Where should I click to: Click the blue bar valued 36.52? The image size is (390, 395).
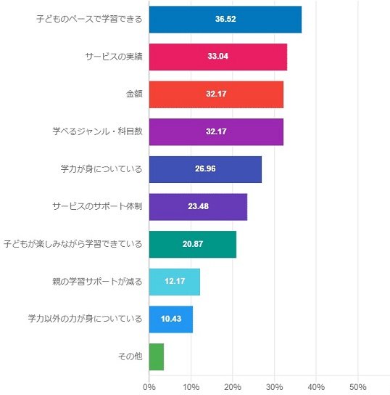click(225, 19)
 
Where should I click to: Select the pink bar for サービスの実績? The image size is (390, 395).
click(217, 57)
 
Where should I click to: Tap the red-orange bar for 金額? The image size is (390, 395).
click(216, 94)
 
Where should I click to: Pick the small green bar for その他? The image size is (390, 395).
click(156, 357)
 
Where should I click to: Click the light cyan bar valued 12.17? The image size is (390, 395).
click(174, 282)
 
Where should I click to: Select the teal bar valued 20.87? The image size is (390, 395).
click(192, 244)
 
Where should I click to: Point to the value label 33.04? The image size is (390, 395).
click(217, 57)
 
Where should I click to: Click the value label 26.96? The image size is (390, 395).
click(205, 169)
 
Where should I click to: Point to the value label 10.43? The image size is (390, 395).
click(170, 319)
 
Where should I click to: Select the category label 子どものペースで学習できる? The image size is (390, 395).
click(89, 19)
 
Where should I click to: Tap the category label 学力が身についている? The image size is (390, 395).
click(101, 169)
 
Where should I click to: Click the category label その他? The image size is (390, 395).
click(129, 357)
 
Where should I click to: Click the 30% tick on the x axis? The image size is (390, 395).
click(274, 386)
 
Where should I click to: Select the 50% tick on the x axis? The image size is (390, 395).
click(357, 386)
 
